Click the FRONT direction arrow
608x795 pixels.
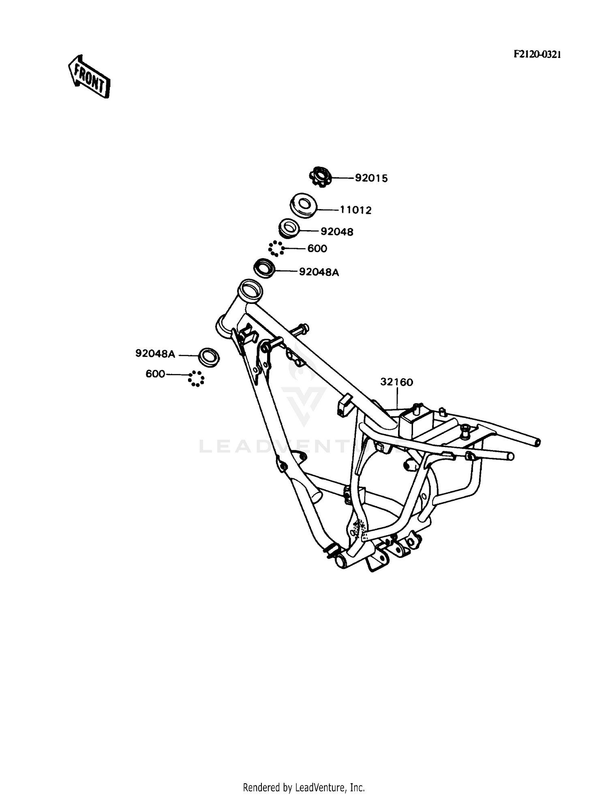88,77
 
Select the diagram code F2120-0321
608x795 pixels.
537,55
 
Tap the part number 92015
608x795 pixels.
371,178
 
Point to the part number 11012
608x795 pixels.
355,210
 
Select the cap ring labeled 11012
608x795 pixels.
303,205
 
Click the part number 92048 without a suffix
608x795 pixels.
337,232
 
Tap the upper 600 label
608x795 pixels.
317,248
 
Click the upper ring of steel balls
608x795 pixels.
276,248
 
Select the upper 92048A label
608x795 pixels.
319,272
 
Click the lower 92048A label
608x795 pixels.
155,354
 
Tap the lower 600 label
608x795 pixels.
155,374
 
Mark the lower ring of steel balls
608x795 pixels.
196,379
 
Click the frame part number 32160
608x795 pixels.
396,382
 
